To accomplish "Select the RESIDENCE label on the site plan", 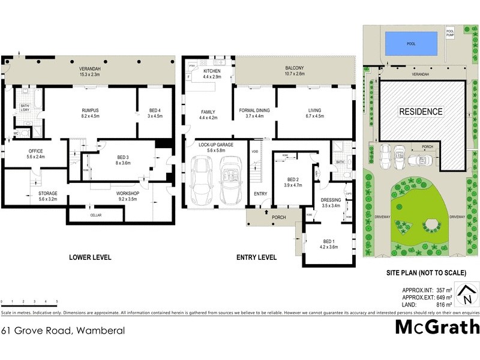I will point(421,112).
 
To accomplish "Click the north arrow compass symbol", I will point(466,294).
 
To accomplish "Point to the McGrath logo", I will point(437,327).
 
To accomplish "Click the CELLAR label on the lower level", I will point(96,215).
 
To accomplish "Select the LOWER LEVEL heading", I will point(91,257).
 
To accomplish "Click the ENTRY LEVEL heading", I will point(256,257).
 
